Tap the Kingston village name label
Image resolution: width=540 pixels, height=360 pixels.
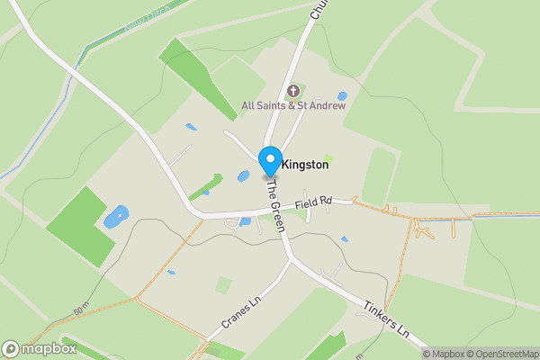click(x=305, y=166)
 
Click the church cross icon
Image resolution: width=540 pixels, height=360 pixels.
click(x=293, y=90)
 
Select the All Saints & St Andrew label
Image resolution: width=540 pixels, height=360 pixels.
click(x=293, y=106)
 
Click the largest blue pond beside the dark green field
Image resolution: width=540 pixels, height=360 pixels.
click(x=116, y=217)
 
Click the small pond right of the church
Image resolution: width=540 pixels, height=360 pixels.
click(x=342, y=96)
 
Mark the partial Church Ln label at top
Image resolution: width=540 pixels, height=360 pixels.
click(x=317, y=9)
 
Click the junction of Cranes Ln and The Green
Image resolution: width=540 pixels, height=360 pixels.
click(x=292, y=261)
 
